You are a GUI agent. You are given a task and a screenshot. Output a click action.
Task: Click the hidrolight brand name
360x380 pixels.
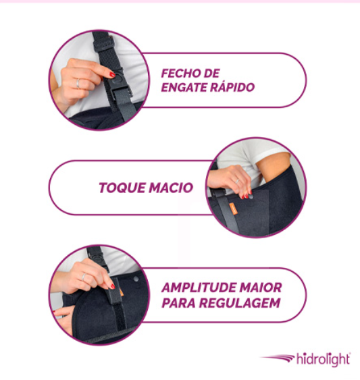click(324, 359)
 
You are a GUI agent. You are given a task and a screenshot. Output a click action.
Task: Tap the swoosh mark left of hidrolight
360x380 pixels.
click(277, 358)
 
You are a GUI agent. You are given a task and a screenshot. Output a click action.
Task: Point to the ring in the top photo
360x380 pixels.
click(78, 84)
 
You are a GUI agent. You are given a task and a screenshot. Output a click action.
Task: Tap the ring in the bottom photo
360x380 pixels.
click(83, 277)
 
